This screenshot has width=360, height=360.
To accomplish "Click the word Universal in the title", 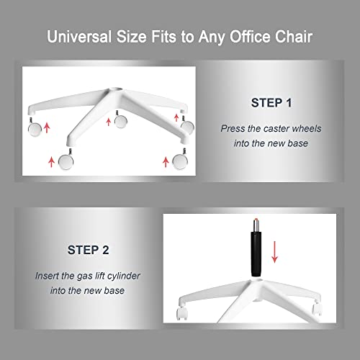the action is pos(79,37).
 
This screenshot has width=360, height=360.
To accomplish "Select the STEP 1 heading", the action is pos(271,103).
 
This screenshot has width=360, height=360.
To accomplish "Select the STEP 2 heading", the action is pos(89,250).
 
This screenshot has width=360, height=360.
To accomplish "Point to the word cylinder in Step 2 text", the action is pos(124,276).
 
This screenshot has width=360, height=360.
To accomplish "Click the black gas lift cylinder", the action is pos(256,254).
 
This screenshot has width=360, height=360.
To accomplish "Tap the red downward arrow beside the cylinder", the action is pos(274,252).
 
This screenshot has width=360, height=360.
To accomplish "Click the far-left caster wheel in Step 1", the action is pos(35,128).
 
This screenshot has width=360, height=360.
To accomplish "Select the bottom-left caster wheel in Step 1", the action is pos(66,161).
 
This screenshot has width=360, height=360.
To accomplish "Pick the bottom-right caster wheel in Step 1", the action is pos(180,160).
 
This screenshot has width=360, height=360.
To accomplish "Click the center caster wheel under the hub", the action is pos(120,120).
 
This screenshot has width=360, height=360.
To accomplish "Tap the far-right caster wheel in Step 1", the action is pos(187,125).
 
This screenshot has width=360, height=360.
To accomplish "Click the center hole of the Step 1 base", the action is pos(116,89).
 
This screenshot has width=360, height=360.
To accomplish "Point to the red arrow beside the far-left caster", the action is pos(47,127).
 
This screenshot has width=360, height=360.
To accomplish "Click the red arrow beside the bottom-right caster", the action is pos(166,162).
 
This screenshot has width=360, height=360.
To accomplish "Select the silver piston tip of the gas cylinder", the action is pos(256,225).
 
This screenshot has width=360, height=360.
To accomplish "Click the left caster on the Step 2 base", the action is pos(181,313).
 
